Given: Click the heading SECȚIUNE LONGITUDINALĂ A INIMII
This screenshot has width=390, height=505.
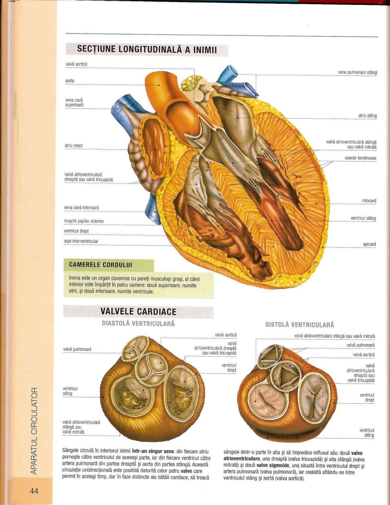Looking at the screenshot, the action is pyautogui.click(x=147, y=50).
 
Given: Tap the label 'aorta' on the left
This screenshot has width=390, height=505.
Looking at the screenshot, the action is pyautogui.click(x=70, y=81).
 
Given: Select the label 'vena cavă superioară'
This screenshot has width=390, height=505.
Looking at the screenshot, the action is pyautogui.click(x=75, y=102).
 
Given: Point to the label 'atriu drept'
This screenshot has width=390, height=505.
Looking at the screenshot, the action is pyautogui.click(x=74, y=145).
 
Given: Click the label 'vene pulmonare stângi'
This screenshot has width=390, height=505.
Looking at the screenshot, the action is pyautogui.click(x=357, y=72).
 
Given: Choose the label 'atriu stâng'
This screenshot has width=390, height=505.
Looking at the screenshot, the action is pyautogui.click(x=367, y=116).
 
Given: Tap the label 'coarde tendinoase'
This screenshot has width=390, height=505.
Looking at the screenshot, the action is pyautogui.click(x=360, y=158).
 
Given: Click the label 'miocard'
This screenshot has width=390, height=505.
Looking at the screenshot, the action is pyautogui.click(x=369, y=201).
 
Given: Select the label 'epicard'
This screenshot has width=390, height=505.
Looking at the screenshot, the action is pyautogui.click(x=369, y=244).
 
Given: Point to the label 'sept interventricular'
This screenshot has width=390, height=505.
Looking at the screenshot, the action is pyautogui.click(x=81, y=241).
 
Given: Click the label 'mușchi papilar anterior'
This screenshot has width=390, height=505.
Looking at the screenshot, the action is pyautogui.click(x=84, y=221).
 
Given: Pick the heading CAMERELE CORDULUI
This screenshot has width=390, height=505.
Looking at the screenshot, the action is pyautogui.click(x=101, y=265).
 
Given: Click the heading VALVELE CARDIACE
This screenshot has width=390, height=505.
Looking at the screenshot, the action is pyautogui.click(x=138, y=312).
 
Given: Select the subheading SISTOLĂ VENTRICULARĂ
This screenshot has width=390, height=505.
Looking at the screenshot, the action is pyautogui.click(x=299, y=325).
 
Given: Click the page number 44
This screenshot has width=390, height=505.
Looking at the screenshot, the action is pyautogui.click(x=34, y=491).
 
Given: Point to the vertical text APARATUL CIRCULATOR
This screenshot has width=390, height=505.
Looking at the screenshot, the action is pyautogui.click(x=34, y=431).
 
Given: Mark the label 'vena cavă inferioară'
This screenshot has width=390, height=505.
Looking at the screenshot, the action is pyautogui.click(x=82, y=207).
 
